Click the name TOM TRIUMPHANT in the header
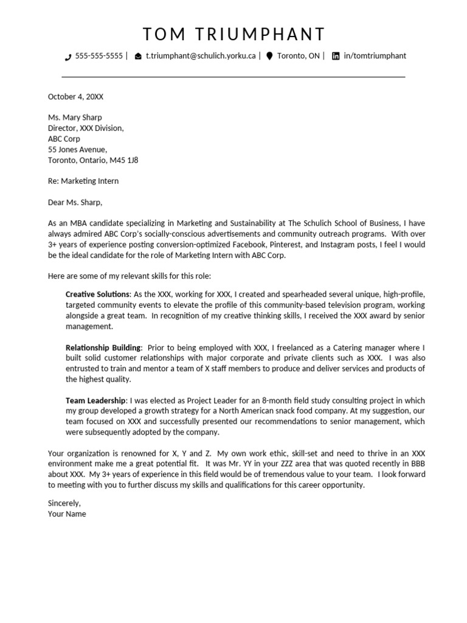[233, 34]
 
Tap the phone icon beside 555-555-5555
[67, 57]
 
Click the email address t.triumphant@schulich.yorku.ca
[201, 56]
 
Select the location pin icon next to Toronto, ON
[269, 56]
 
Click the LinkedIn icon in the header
[336, 56]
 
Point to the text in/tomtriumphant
[375, 56]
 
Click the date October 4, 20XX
[75, 97]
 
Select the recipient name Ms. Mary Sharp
[75, 117]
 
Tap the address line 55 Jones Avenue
[77, 150]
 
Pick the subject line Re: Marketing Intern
[83, 181]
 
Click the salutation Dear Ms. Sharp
[75, 203]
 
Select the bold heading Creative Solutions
[97, 294]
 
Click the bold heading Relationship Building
[103, 347]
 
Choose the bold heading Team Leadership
[96, 401]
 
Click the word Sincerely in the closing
[64, 503]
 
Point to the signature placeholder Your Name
[67, 514]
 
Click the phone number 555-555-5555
[99, 56]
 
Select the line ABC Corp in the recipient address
[64, 139]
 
